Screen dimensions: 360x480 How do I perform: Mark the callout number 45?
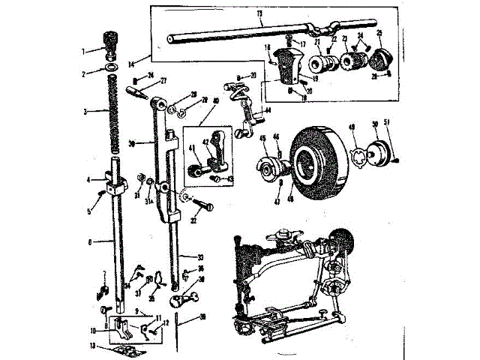[263, 138]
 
